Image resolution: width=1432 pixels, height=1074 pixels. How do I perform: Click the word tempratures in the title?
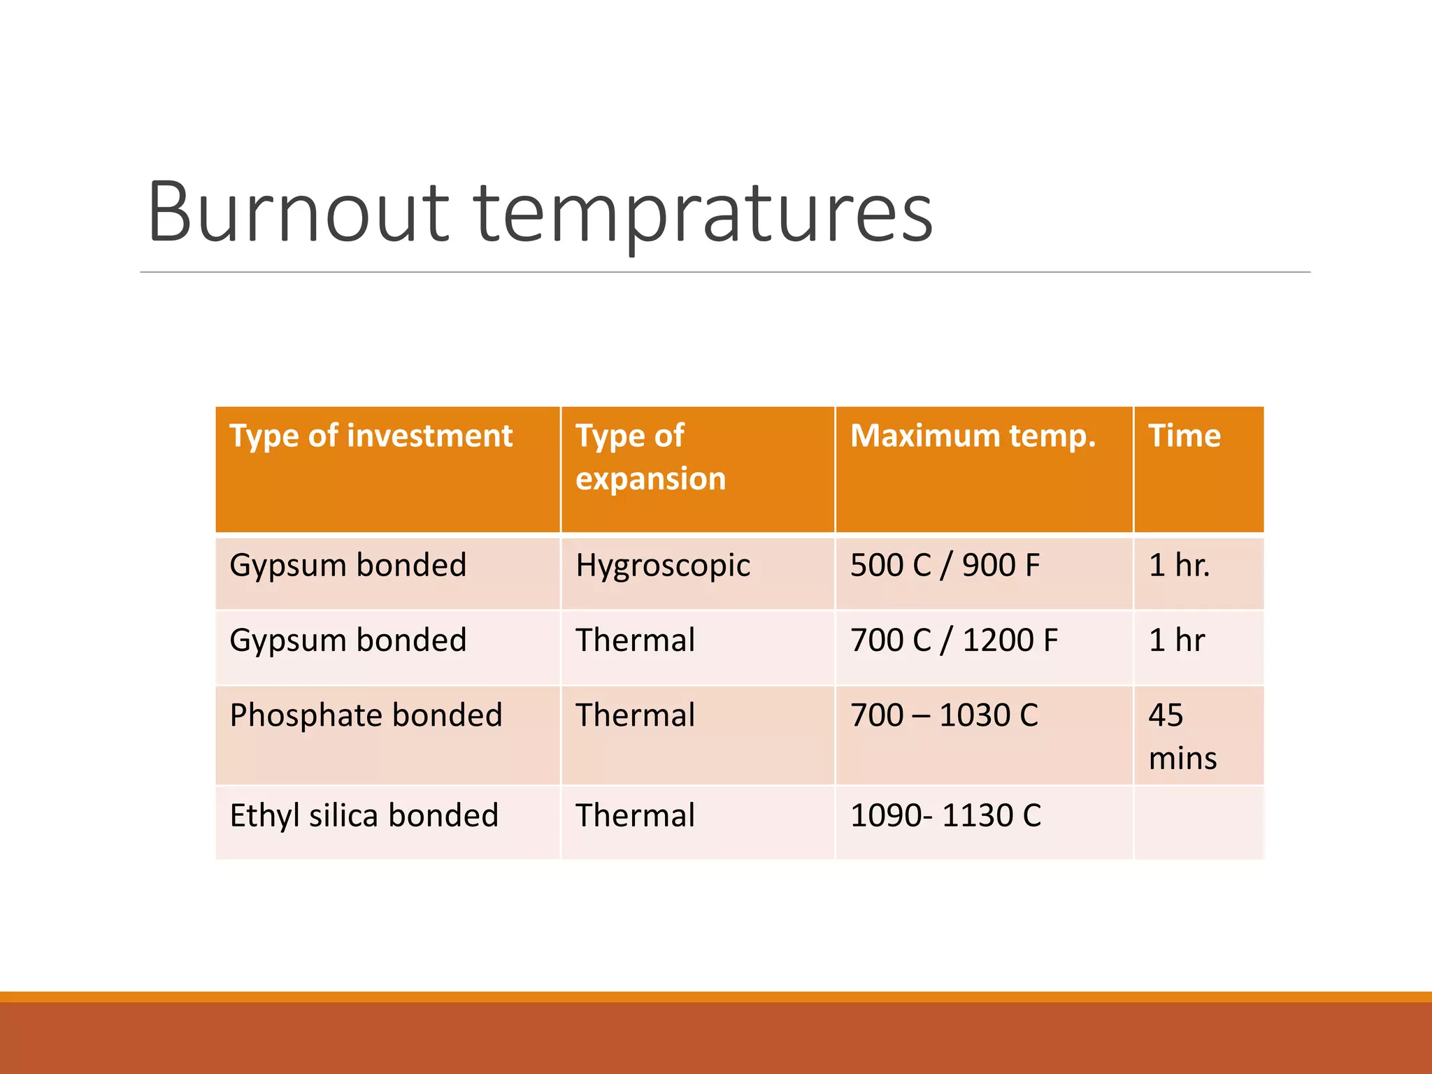click(703, 213)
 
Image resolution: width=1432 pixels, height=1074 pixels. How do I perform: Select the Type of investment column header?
click(371, 436)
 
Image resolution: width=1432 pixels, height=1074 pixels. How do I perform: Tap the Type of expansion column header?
click(650, 457)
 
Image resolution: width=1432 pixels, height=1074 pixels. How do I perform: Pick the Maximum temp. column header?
click(973, 436)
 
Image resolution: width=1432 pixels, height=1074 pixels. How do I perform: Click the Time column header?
click(1184, 436)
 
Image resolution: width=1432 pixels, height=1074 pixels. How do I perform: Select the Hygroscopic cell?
click(663, 565)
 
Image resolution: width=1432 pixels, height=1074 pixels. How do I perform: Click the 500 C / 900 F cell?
click(945, 565)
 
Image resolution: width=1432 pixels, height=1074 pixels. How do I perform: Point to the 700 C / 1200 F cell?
click(954, 640)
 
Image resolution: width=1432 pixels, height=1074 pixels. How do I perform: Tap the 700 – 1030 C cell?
click(944, 715)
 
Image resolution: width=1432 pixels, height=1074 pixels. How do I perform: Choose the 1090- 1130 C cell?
click(945, 815)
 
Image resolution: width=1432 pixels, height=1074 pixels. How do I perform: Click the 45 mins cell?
click(1182, 736)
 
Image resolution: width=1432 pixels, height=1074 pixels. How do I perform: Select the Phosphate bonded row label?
click(366, 715)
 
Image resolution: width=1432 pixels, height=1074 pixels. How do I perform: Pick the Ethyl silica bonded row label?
click(364, 815)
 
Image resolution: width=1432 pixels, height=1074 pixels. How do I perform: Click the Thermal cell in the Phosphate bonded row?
click(635, 715)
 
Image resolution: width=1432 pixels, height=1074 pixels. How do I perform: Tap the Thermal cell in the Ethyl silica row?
click(635, 815)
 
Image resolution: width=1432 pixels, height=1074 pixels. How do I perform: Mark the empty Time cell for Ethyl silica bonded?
click(1198, 822)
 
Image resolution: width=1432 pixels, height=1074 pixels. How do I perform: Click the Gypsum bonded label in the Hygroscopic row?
click(348, 565)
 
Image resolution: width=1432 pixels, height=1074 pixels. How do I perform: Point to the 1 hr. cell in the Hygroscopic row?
click(1179, 565)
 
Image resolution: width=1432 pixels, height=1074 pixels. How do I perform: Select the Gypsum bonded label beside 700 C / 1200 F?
click(348, 640)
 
